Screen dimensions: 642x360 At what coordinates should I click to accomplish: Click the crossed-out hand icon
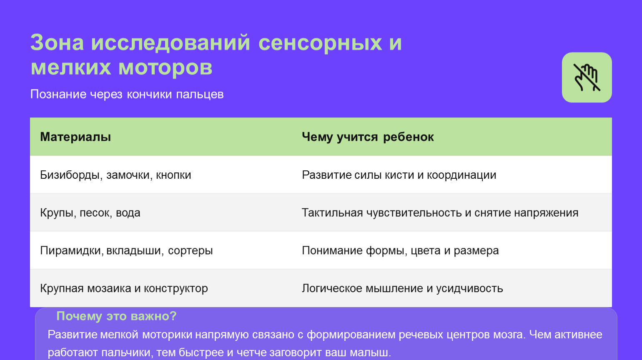pos(587,77)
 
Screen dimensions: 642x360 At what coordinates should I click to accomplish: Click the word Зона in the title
pos(57,42)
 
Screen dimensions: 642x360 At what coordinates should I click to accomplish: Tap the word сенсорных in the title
pos(320,42)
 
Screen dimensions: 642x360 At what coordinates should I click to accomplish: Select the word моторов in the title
pos(166,67)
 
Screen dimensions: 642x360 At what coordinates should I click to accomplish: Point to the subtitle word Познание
pos(58,94)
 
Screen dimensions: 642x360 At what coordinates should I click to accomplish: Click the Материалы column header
pos(75,137)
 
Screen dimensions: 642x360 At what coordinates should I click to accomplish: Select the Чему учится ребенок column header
pos(368,137)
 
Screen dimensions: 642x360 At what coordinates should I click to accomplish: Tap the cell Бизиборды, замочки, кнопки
pos(115,175)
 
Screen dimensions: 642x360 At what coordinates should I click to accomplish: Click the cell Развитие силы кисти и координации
pos(399,175)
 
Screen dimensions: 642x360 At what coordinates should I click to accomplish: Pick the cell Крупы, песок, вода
pos(90,213)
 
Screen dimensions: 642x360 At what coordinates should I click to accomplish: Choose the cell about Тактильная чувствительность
pos(440,213)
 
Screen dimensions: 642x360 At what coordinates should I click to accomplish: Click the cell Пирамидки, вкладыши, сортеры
pos(126,250)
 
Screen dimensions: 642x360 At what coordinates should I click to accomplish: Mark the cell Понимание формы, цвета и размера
pos(400,250)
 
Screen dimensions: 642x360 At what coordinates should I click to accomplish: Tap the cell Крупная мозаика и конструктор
pos(124,288)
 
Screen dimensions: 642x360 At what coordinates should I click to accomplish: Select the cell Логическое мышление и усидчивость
pos(402,288)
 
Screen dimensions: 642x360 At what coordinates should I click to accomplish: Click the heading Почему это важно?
pos(116,316)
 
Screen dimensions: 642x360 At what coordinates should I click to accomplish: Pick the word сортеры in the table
pos(190,251)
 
